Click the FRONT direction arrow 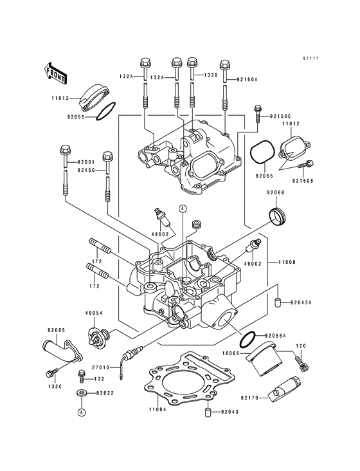point(57,71)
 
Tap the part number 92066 point(276,192)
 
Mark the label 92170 point(249,398)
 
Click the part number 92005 point(56,330)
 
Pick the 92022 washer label point(106,391)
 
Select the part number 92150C point(281,115)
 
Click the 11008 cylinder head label point(287,263)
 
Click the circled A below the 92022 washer point(82,411)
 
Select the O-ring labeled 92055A point(249,337)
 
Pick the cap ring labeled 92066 point(277,217)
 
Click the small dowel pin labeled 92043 point(208,413)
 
